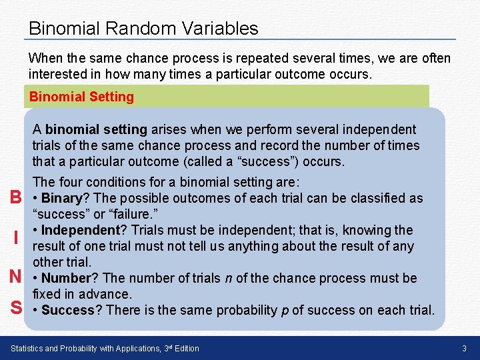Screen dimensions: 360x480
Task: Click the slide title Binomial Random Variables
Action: click(143, 29)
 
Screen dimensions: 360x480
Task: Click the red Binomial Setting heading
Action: click(81, 97)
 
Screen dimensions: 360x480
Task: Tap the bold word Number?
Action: click(69, 278)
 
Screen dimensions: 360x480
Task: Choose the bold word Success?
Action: click(71, 310)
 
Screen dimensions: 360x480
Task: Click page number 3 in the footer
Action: click(464, 349)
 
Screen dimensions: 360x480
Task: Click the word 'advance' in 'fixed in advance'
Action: click(105, 294)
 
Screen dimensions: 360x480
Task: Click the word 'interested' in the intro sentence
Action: click(59, 74)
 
